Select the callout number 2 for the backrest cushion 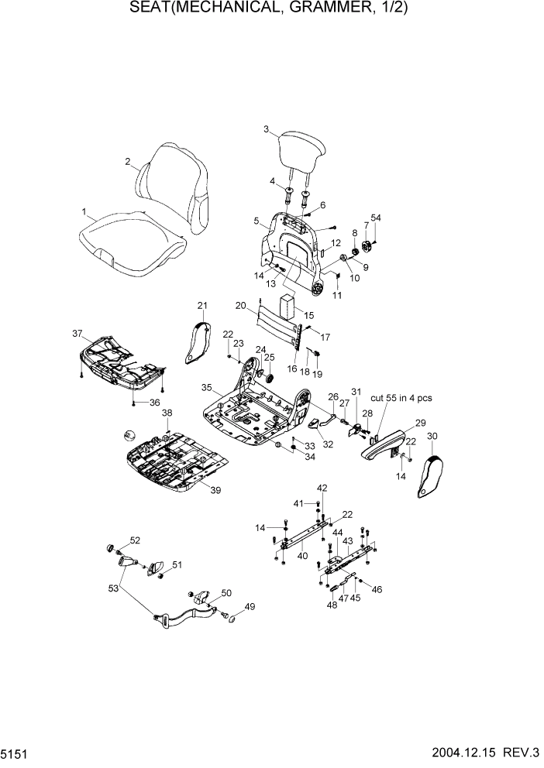(126, 162)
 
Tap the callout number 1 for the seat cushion (84, 211)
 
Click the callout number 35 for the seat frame (206, 386)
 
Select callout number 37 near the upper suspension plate (77, 334)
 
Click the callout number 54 (376, 218)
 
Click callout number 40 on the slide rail (301, 556)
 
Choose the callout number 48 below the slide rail (332, 605)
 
